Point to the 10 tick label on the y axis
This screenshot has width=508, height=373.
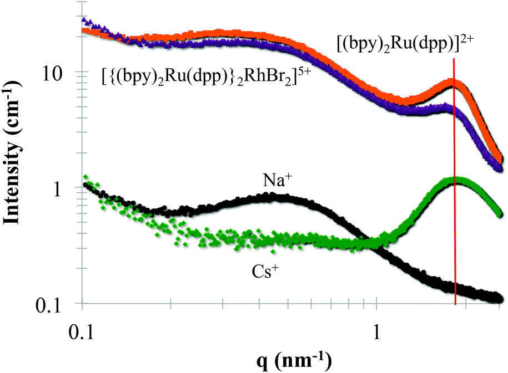click(61, 73)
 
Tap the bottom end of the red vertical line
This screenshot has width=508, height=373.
click(456, 304)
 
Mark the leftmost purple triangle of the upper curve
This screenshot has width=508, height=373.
click(84, 20)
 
